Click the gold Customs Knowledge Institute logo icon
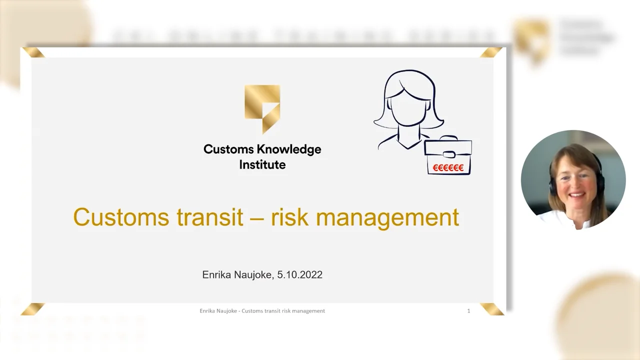coord(262,107)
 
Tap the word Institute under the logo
coord(262,164)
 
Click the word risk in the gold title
coord(288,217)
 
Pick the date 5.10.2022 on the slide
coord(300,274)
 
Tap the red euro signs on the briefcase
coord(448,167)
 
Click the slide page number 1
coord(468,311)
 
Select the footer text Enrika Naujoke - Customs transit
coord(240,311)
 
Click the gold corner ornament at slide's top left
coord(33,52)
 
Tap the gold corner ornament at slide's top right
coord(491,52)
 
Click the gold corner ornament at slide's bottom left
coord(33,309)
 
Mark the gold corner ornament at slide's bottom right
coord(492,309)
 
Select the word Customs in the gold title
coord(119,217)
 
